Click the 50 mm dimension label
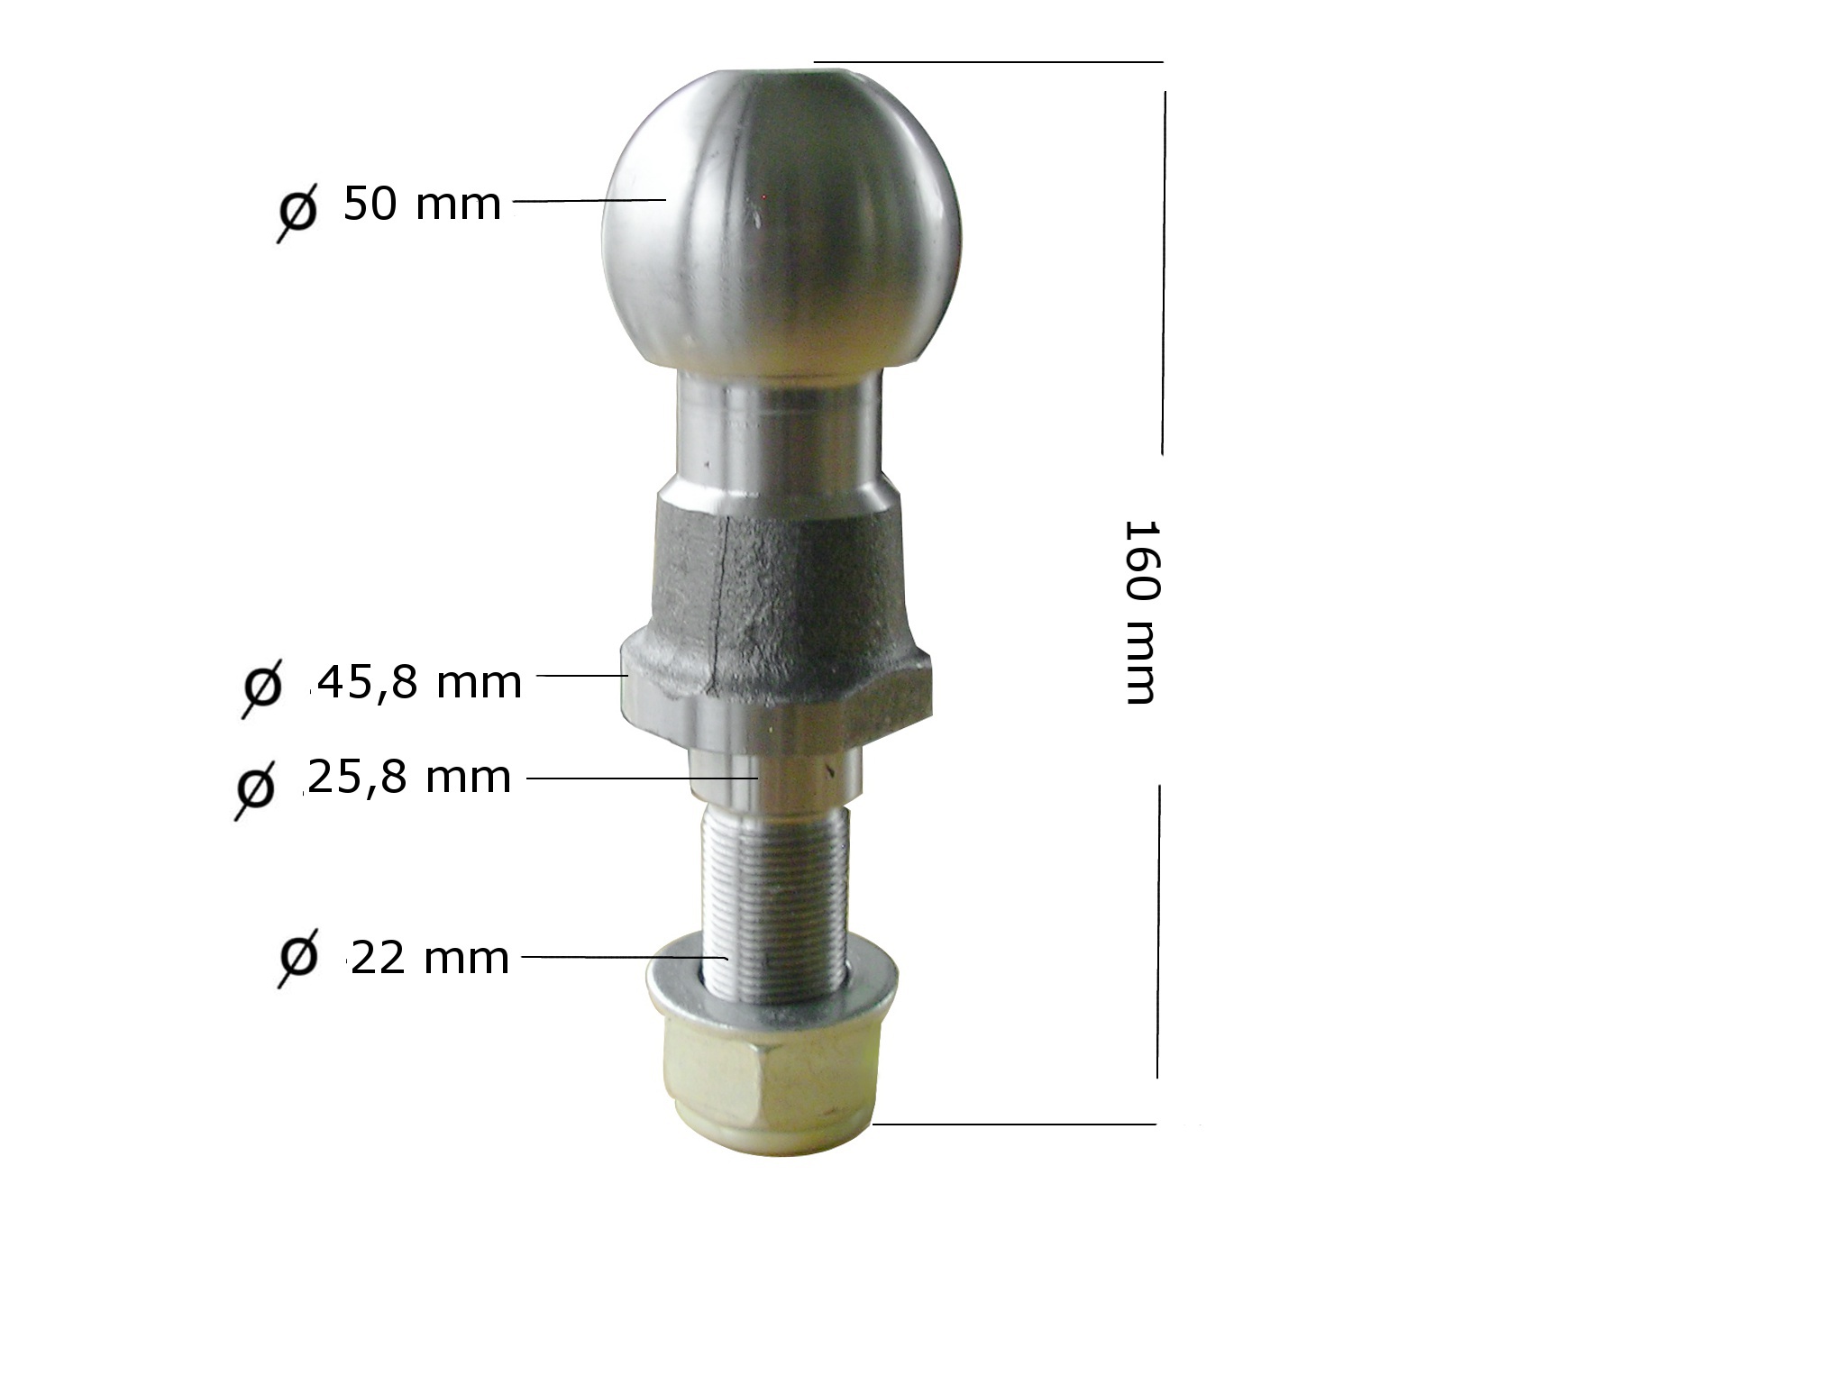click(x=422, y=204)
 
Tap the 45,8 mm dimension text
click(x=416, y=682)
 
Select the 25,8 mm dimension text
click(x=408, y=777)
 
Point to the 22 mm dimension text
click(x=428, y=957)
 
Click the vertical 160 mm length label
click(x=1139, y=612)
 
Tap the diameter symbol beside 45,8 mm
click(x=262, y=687)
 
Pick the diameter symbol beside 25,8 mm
click(x=255, y=788)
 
